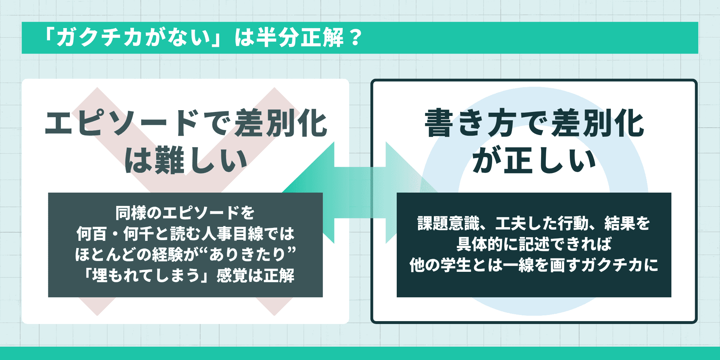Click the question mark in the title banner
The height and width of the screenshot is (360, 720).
355,37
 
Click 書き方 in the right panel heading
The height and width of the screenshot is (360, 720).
470,123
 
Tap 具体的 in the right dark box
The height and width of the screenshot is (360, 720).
479,244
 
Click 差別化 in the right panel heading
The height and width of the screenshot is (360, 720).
598,123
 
